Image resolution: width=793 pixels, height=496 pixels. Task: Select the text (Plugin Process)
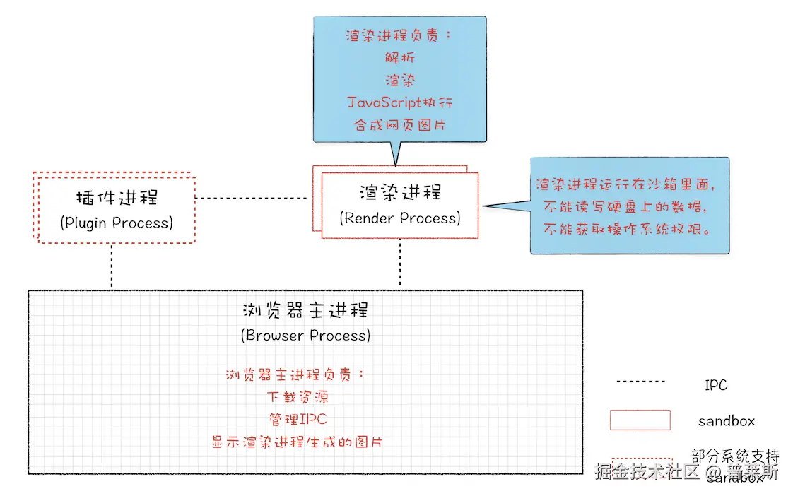coord(116,223)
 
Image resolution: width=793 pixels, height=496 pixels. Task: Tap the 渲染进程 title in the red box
coord(400,192)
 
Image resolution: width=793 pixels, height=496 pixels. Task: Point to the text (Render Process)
coord(400,218)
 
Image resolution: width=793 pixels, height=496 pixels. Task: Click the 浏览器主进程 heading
coord(305,311)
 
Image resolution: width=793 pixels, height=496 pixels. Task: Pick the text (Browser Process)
coord(305,336)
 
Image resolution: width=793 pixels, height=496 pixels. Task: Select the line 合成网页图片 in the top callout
coord(400,126)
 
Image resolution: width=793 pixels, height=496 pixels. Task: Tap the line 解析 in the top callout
coord(400,58)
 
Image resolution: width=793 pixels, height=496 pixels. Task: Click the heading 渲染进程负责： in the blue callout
coord(400,35)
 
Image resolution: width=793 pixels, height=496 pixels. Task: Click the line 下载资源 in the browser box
coord(298,397)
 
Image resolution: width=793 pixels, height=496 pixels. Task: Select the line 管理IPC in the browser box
coord(298,419)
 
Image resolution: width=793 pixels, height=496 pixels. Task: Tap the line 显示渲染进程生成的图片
coord(298,442)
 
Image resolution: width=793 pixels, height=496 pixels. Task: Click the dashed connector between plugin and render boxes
coord(254,199)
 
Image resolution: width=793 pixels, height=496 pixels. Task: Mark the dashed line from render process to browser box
coord(400,263)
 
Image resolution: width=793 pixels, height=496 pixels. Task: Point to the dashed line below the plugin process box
coord(112,266)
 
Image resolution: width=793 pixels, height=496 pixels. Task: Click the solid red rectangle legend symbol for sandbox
coord(640,420)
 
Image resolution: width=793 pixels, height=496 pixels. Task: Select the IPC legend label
coord(715,386)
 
